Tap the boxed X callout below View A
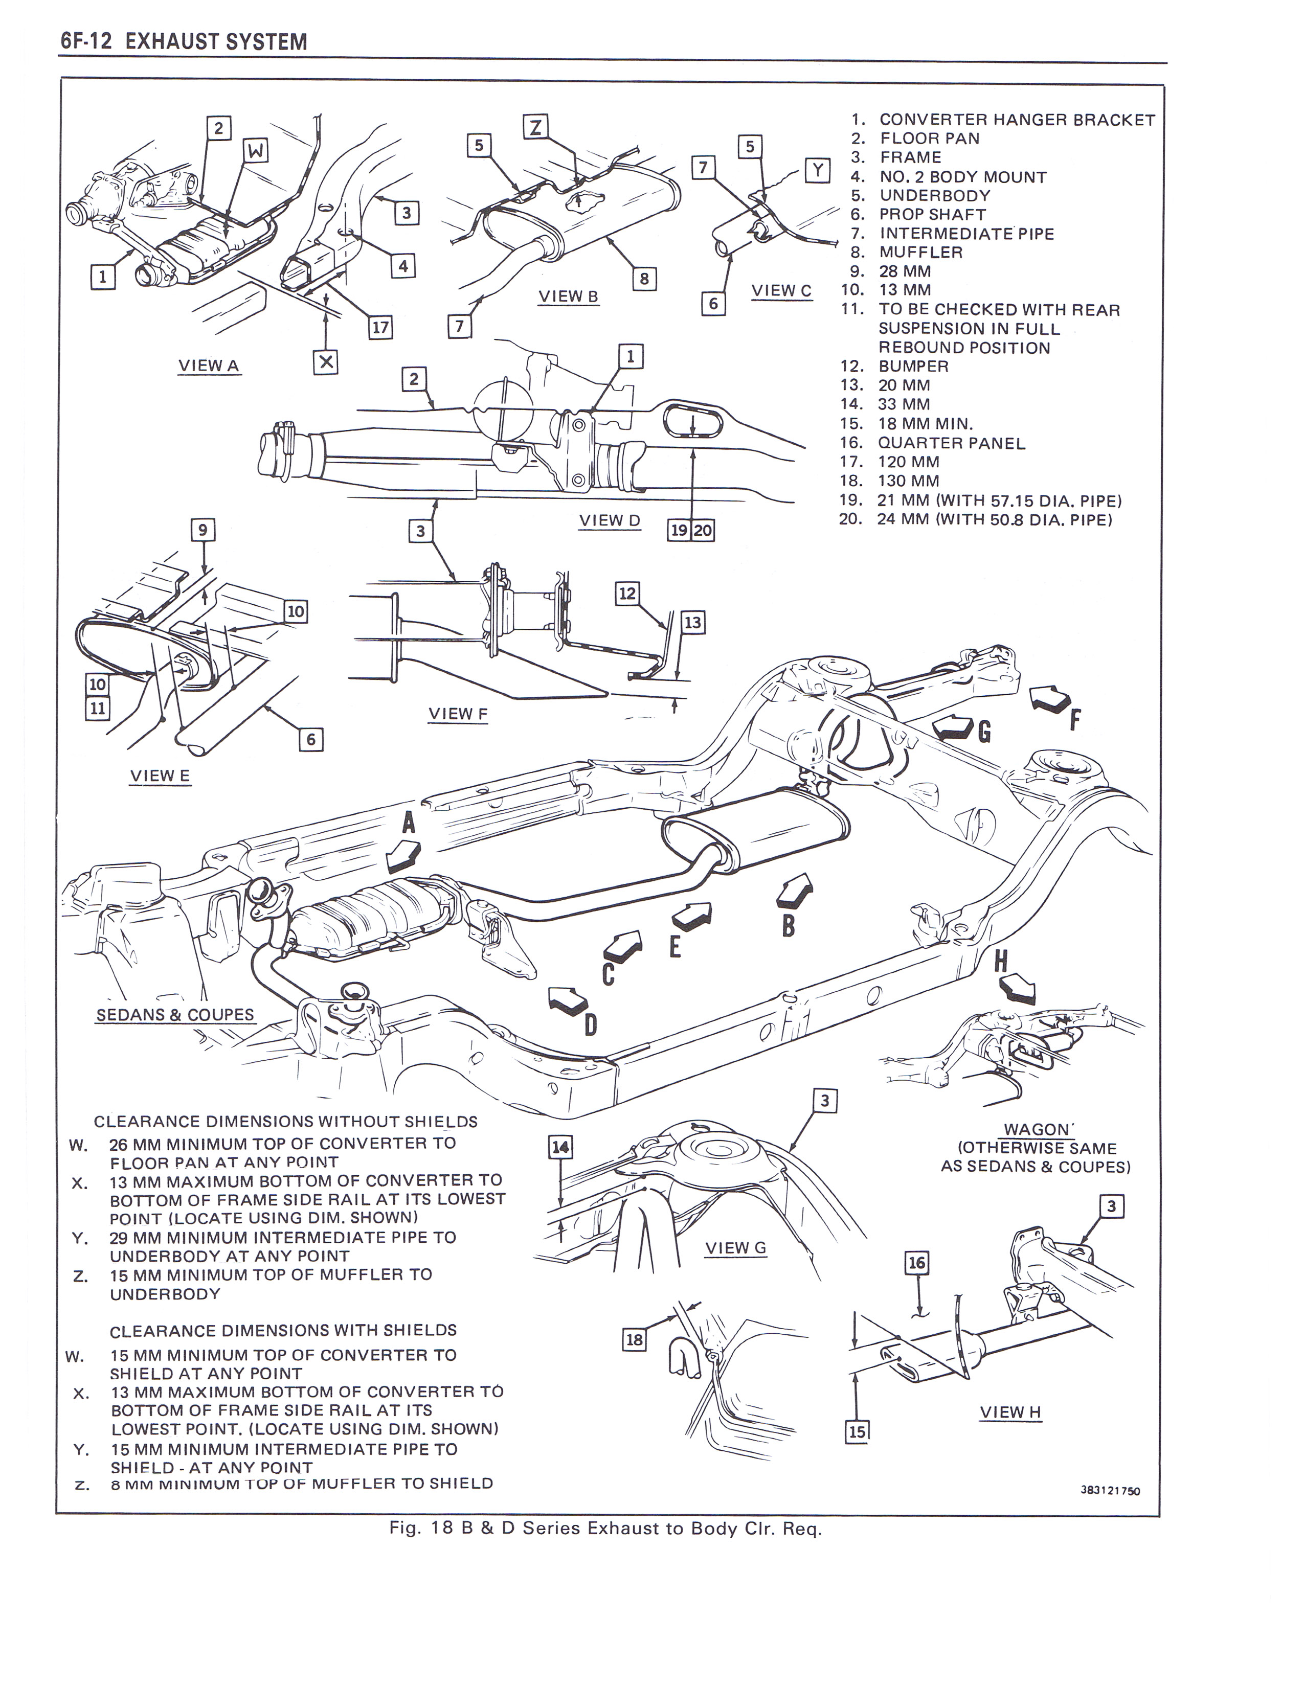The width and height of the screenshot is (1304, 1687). tap(326, 361)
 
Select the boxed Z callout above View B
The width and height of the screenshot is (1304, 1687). tap(534, 126)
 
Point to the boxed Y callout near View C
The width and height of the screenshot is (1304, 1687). tap(817, 169)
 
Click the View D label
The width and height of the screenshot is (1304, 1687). tap(610, 520)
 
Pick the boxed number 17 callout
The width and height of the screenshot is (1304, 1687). tap(380, 328)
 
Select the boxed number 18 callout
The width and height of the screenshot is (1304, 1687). tap(634, 1339)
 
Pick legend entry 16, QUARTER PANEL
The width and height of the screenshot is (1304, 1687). tap(951, 443)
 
